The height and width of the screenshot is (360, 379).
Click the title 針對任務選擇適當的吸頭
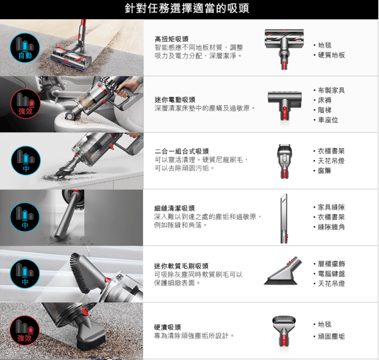click(x=187, y=9)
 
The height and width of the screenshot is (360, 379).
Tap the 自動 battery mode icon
click(x=25, y=48)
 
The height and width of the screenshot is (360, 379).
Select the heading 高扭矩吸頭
click(x=172, y=39)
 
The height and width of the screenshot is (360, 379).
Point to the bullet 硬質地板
click(x=331, y=55)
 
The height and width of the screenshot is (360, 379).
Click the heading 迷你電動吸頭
click(x=175, y=100)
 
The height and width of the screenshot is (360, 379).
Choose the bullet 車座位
click(x=328, y=120)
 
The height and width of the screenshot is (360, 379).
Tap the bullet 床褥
click(x=325, y=100)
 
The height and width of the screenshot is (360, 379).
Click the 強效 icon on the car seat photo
click(x=25, y=104)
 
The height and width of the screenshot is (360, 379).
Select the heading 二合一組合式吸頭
click(x=182, y=151)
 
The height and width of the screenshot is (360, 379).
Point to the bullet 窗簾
click(x=324, y=171)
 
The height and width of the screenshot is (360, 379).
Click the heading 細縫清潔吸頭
click(x=175, y=208)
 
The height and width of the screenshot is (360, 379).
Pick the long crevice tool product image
click(x=284, y=218)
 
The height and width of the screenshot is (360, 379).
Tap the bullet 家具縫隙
click(x=331, y=207)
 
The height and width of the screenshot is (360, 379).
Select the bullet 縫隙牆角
click(x=331, y=227)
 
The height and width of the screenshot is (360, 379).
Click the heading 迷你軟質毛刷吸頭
click(x=181, y=266)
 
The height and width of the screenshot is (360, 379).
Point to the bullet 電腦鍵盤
click(x=331, y=274)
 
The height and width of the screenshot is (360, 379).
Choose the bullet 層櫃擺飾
click(x=331, y=264)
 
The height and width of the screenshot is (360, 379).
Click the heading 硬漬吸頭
click(x=168, y=327)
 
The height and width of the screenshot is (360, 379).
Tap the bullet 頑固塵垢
click(x=331, y=336)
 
